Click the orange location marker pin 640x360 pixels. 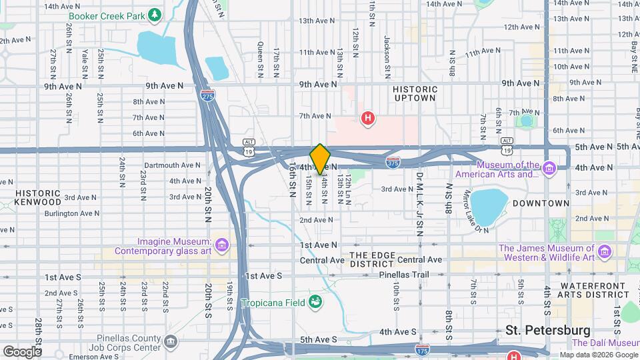click(x=320, y=159)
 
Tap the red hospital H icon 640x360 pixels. click(x=367, y=119)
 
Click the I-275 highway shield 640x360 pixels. click(x=208, y=95)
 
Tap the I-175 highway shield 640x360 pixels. click(x=421, y=349)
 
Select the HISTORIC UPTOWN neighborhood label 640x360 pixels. click(x=415, y=93)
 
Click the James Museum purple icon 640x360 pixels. click(x=605, y=252)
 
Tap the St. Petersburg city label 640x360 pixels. click(x=547, y=330)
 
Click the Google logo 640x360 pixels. click(x=22, y=351)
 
